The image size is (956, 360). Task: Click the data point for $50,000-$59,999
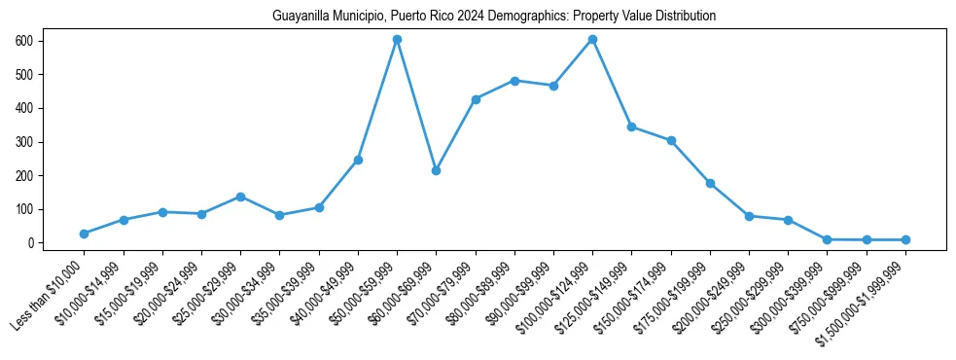pyautogui.click(x=397, y=39)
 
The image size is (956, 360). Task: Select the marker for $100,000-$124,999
pyautogui.click(x=592, y=39)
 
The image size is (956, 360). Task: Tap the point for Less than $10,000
pyautogui.click(x=84, y=234)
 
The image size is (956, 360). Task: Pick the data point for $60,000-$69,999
pyautogui.click(x=436, y=170)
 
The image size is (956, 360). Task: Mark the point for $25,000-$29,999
pyautogui.click(x=240, y=197)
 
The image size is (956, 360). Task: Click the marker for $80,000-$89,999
pyautogui.click(x=514, y=81)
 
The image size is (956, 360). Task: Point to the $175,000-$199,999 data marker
pyautogui.click(x=710, y=183)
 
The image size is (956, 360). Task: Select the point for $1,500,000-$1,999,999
pyautogui.click(x=905, y=239)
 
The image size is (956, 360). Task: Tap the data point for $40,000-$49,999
pyautogui.click(x=358, y=160)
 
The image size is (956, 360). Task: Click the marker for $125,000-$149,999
pyautogui.click(x=631, y=126)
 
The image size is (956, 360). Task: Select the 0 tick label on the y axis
pyautogui.click(x=32, y=243)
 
